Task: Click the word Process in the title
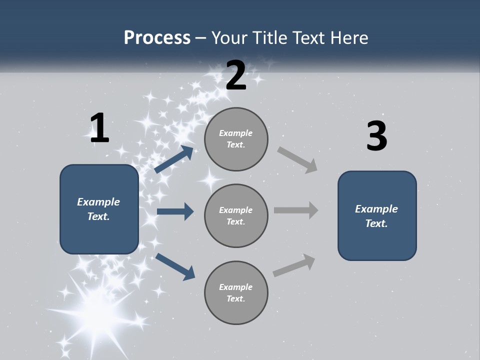click(157, 37)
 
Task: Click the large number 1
click(99, 128)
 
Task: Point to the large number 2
click(236, 75)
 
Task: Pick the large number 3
click(376, 136)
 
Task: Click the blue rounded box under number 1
click(99, 209)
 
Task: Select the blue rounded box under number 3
click(377, 215)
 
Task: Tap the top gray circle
click(236, 139)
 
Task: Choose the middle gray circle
click(236, 215)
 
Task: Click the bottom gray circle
click(236, 292)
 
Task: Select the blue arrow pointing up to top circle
click(174, 159)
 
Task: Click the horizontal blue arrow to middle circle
click(175, 212)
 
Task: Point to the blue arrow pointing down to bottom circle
click(175, 266)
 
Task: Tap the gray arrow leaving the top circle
click(297, 159)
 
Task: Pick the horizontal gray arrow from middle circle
click(296, 210)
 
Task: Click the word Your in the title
click(228, 37)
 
